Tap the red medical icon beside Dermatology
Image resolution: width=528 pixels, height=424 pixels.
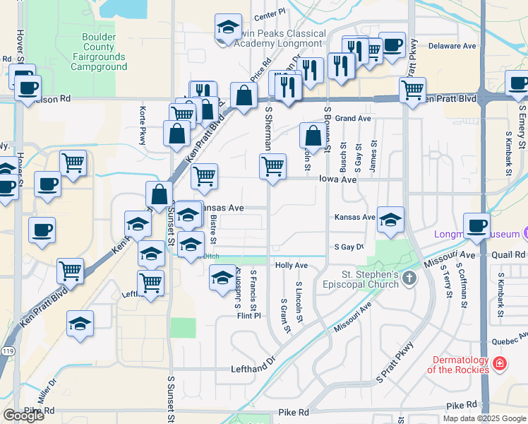click(x=500, y=364)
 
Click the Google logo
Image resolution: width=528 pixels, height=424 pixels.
click(x=23, y=416)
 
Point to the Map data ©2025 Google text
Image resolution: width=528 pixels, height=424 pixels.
click(x=484, y=418)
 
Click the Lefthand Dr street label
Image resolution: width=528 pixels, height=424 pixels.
click(x=253, y=369)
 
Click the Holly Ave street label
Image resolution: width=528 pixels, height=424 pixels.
click(x=292, y=266)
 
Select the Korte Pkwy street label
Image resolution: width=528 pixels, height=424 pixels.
click(x=143, y=126)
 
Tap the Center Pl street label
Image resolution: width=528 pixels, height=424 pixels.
click(x=269, y=13)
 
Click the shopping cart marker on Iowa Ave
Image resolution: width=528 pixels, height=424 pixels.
click(x=272, y=167)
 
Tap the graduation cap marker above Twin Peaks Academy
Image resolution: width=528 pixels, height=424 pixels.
click(x=228, y=27)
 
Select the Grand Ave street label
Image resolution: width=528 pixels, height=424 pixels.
click(x=353, y=118)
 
